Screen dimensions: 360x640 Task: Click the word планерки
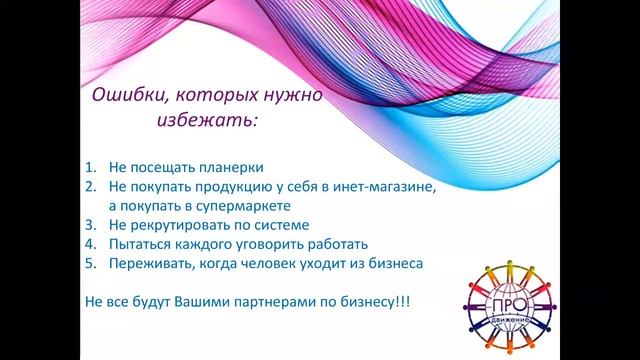click(234, 168)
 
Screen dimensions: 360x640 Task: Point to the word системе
click(282, 225)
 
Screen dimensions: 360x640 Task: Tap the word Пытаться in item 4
click(141, 244)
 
